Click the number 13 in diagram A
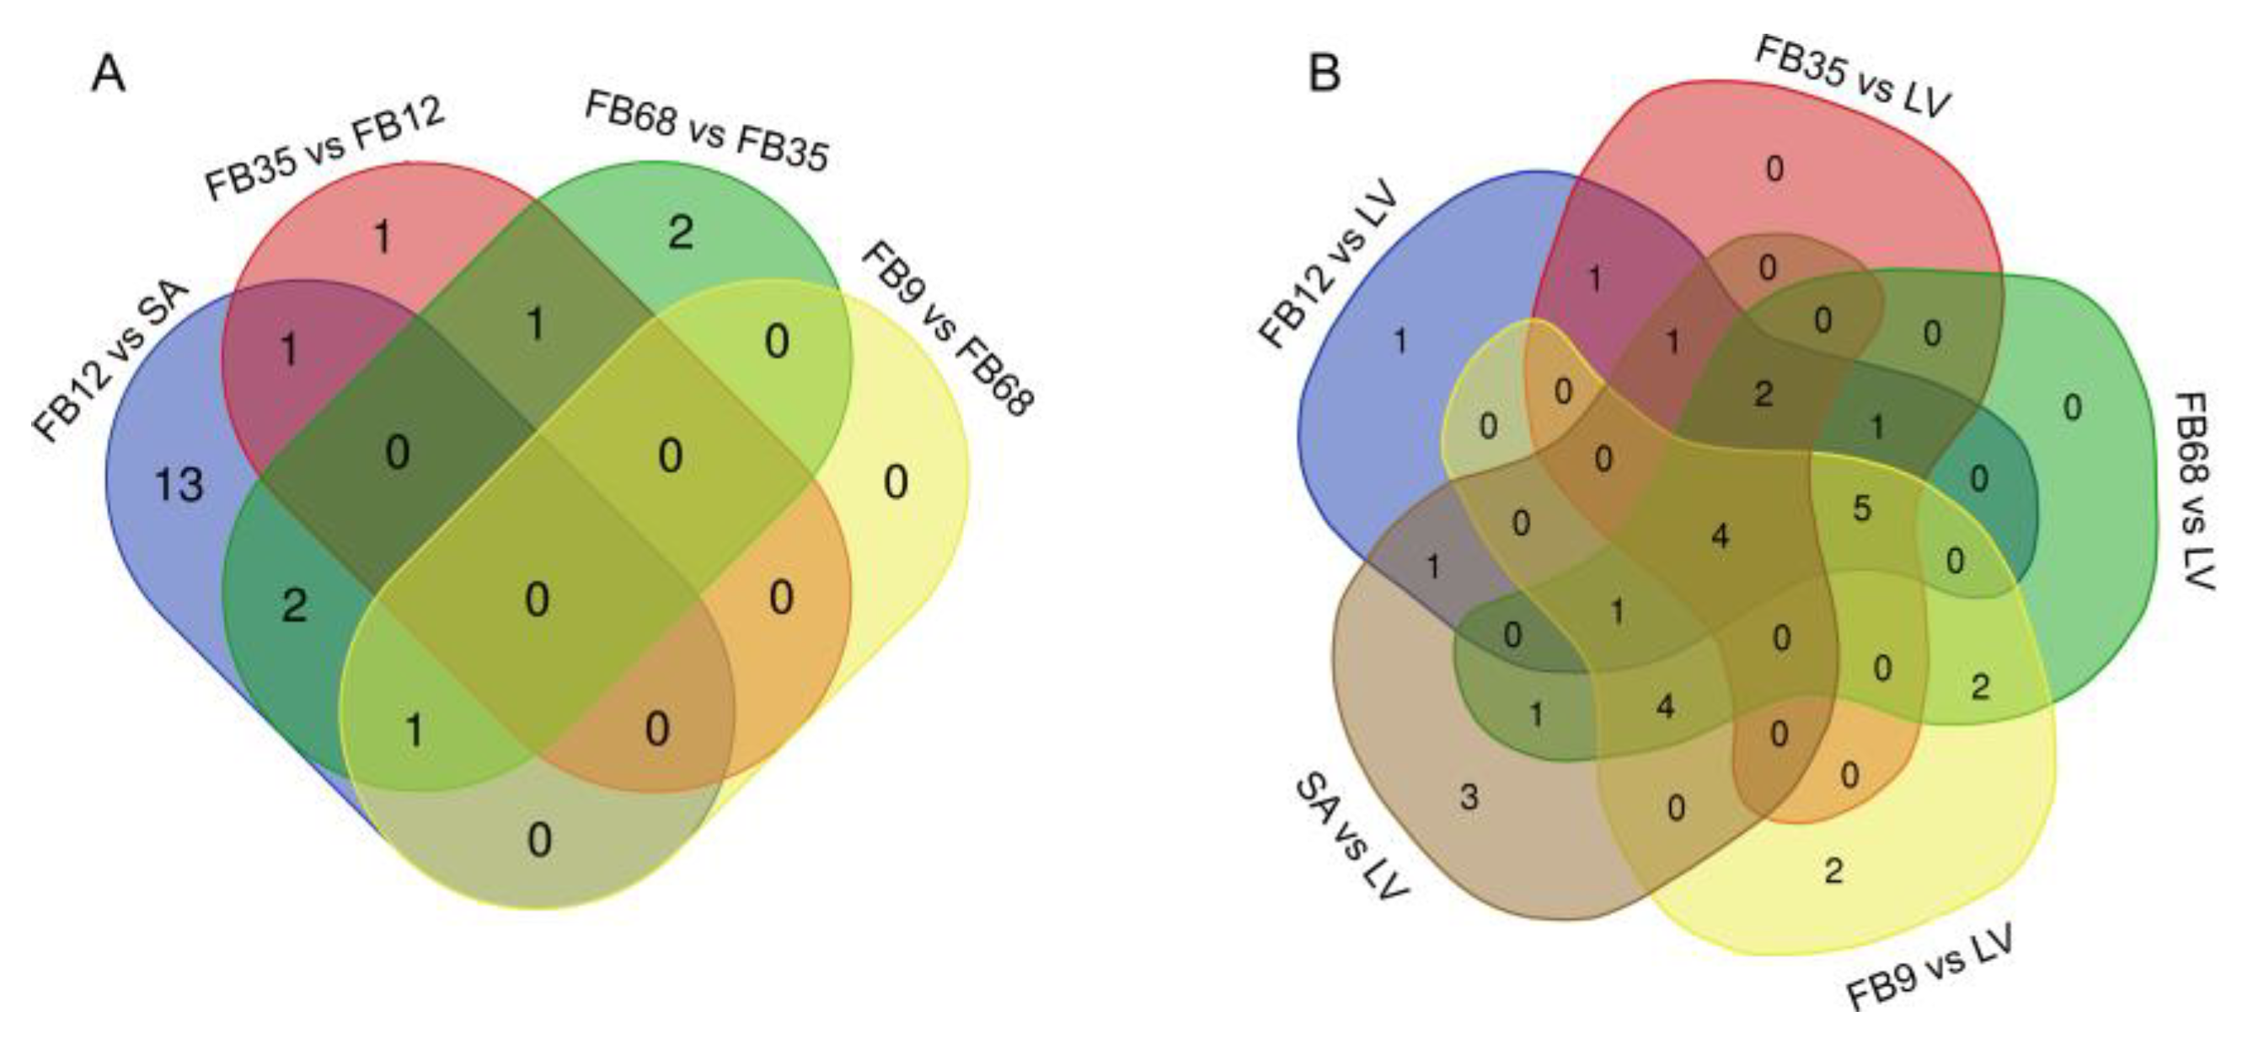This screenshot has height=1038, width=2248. (x=179, y=486)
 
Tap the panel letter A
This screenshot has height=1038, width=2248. (x=109, y=75)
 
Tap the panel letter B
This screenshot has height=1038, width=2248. (x=1324, y=75)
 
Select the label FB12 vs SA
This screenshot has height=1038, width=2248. (x=111, y=362)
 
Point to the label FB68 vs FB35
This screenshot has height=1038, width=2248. (x=706, y=132)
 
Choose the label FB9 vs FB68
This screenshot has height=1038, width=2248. (x=948, y=328)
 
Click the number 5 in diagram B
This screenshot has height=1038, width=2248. (x=1862, y=508)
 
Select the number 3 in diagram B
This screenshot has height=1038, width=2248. (x=1469, y=796)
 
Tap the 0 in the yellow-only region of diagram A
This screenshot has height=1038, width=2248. (x=896, y=481)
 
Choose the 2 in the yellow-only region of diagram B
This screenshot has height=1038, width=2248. (x=1833, y=870)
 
